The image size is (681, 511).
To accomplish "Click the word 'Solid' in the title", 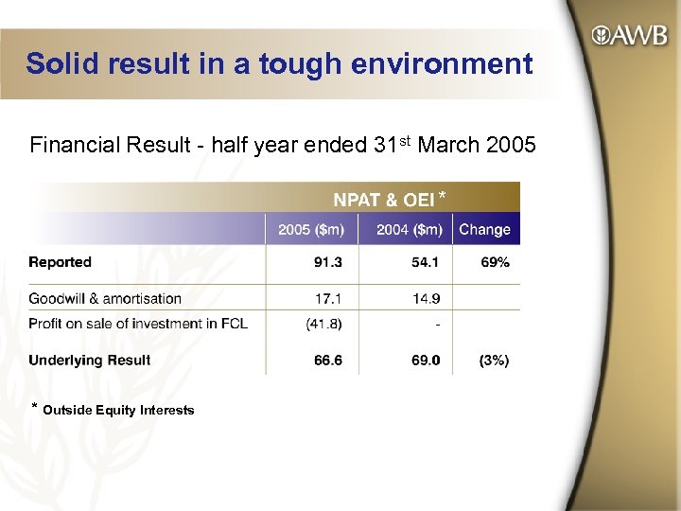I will pyautogui.click(x=60, y=64).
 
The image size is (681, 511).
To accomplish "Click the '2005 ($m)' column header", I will pyautogui.click(x=311, y=229).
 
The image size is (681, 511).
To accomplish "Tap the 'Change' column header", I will pyautogui.click(x=484, y=229).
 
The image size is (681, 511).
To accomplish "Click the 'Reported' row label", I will pyautogui.click(x=60, y=262).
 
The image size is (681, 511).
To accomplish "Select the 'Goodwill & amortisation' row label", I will pyautogui.click(x=105, y=298).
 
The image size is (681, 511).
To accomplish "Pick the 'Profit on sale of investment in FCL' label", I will pyautogui.click(x=138, y=323).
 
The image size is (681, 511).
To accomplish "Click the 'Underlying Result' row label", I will pyautogui.click(x=89, y=360).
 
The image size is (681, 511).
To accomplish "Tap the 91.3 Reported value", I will pyautogui.click(x=328, y=262).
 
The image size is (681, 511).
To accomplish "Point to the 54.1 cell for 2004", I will pyautogui.click(x=425, y=262).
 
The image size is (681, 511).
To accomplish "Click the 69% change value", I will pyautogui.click(x=495, y=262).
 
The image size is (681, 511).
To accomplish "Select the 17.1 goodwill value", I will pyautogui.click(x=328, y=298).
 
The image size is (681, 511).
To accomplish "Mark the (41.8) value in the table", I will pyautogui.click(x=324, y=323).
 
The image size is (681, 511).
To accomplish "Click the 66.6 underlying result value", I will pyautogui.click(x=328, y=360).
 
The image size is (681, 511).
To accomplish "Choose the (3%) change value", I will pyautogui.click(x=494, y=360).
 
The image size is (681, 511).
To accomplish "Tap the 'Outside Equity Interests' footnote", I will pyautogui.click(x=118, y=410).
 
